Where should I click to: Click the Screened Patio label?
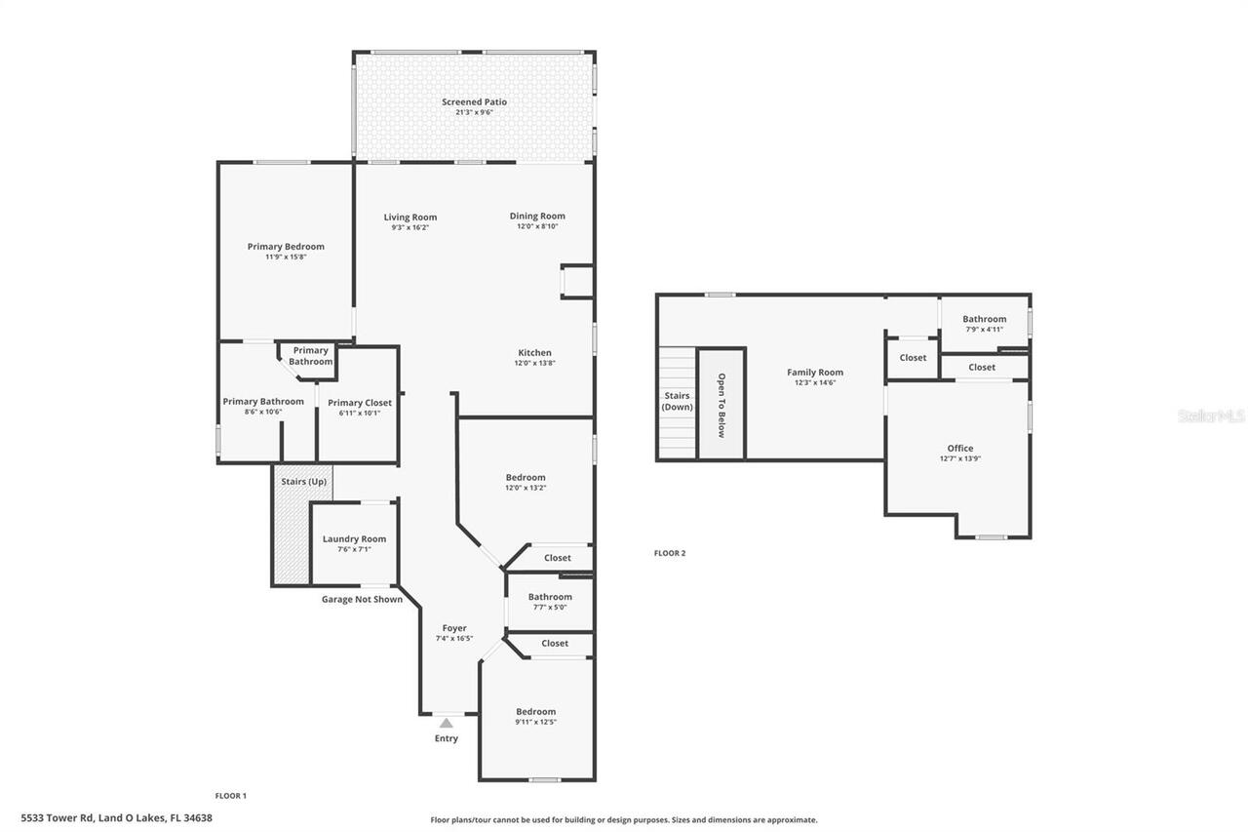(474, 101)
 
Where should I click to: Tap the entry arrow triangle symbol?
(446, 723)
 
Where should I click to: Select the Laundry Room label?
(354, 538)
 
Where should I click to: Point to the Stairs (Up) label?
(303, 482)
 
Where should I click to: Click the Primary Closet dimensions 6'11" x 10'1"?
(359, 413)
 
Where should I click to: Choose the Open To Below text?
(721, 405)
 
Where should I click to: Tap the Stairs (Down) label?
(676, 401)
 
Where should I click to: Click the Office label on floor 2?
(959, 449)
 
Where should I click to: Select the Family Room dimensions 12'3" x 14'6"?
(815, 382)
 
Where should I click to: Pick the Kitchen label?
(534, 353)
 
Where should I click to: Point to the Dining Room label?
(537, 217)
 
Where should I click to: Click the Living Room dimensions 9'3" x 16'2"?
(409, 227)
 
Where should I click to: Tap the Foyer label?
(454, 628)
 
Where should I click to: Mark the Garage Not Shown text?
(362, 599)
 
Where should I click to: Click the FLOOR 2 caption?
(669, 553)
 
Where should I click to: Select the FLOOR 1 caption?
(231, 796)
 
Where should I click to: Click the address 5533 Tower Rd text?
(116, 818)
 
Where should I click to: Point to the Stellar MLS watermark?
(1211, 416)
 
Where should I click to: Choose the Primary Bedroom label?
(286, 247)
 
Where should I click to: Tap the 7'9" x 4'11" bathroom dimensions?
(984, 329)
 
